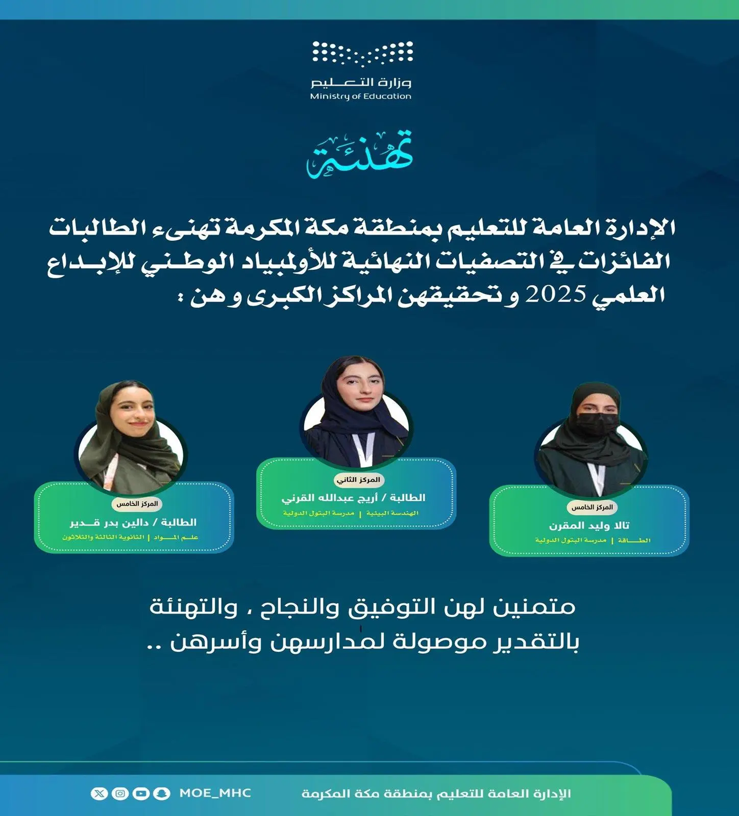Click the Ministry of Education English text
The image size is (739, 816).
[x=360, y=96]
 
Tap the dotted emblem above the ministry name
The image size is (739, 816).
[x=362, y=54]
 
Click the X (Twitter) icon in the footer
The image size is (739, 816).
[x=99, y=793]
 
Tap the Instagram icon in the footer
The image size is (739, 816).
[x=120, y=793]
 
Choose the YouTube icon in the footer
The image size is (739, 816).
[x=141, y=793]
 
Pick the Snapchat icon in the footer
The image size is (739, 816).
[x=162, y=793]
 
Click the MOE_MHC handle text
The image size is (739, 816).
[x=215, y=793]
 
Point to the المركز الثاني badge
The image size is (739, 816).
[x=358, y=480]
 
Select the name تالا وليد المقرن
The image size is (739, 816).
[x=589, y=525]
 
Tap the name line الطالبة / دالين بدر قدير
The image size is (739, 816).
[x=133, y=522]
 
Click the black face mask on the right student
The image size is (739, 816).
[x=596, y=423]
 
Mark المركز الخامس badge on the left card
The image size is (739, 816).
[x=137, y=504]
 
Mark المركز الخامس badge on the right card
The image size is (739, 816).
[x=592, y=507]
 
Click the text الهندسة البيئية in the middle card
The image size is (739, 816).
[x=392, y=513]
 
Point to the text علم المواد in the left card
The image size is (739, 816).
[x=176, y=537]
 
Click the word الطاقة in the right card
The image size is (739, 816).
[x=634, y=540]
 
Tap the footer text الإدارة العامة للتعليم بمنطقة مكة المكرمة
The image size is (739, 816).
[x=436, y=794]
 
